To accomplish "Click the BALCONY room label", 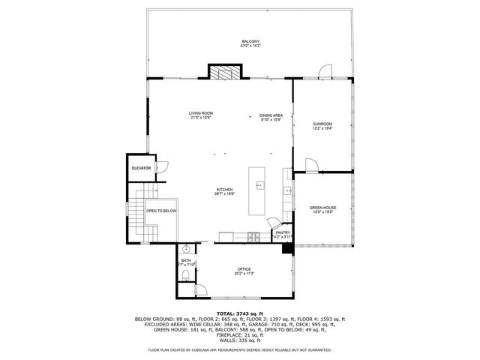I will click(x=250, y=40).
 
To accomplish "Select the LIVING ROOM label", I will click(x=201, y=113).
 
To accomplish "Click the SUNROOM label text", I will click(x=322, y=124).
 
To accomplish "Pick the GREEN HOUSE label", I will click(x=322, y=208).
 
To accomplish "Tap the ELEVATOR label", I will click(x=141, y=169).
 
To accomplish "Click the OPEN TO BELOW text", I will click(x=161, y=211).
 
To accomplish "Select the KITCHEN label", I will click(x=225, y=190).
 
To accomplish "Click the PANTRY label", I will click(x=283, y=232).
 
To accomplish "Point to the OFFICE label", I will click(x=244, y=269).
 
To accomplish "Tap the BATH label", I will click(x=186, y=261).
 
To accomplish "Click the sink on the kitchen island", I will click(x=260, y=184).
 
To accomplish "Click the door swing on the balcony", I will click(x=324, y=71).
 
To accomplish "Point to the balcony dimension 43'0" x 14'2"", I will click(x=250, y=46).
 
